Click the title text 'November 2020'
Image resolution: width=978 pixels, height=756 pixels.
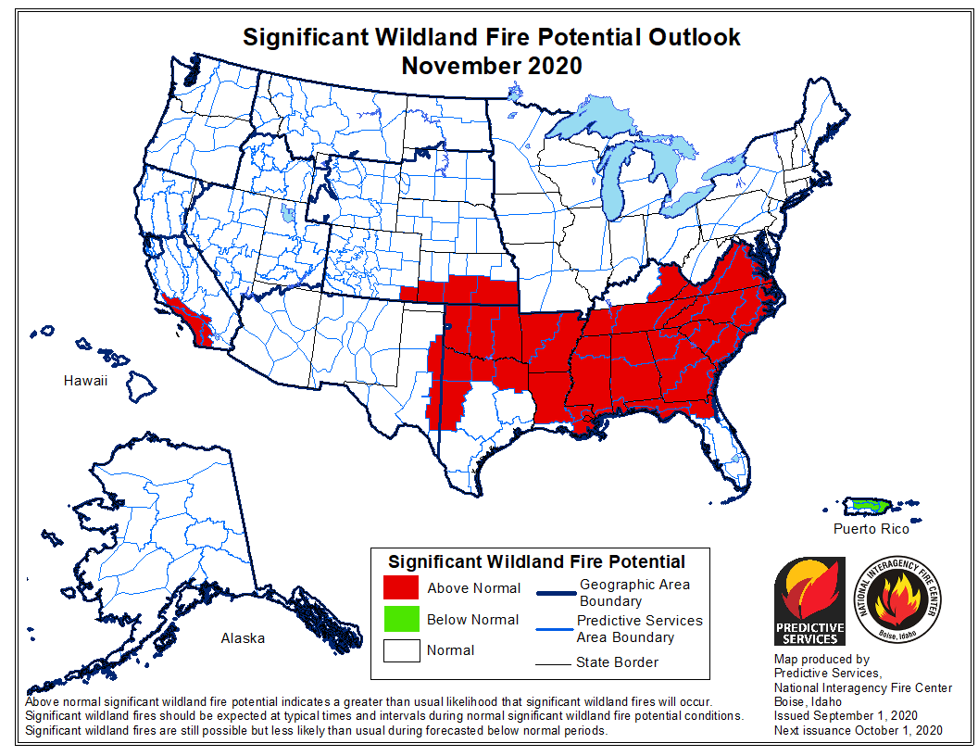[x=491, y=66]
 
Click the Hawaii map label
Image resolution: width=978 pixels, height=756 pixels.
[x=85, y=381]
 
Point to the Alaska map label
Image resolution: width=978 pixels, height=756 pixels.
[x=242, y=638]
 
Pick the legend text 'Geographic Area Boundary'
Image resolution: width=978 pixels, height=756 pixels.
[x=633, y=593]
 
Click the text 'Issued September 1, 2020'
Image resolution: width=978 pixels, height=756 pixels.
[x=845, y=716]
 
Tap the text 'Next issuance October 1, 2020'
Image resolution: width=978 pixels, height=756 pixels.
[x=858, y=731]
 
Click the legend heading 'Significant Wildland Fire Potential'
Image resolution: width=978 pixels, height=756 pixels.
[x=536, y=561]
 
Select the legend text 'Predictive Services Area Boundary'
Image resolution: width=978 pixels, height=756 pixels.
[x=638, y=628]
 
